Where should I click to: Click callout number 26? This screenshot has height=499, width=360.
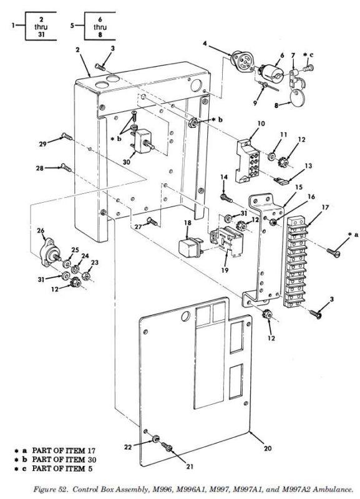point(41,231)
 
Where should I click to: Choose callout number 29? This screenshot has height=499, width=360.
point(42,144)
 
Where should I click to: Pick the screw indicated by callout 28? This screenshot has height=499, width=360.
point(67,167)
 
